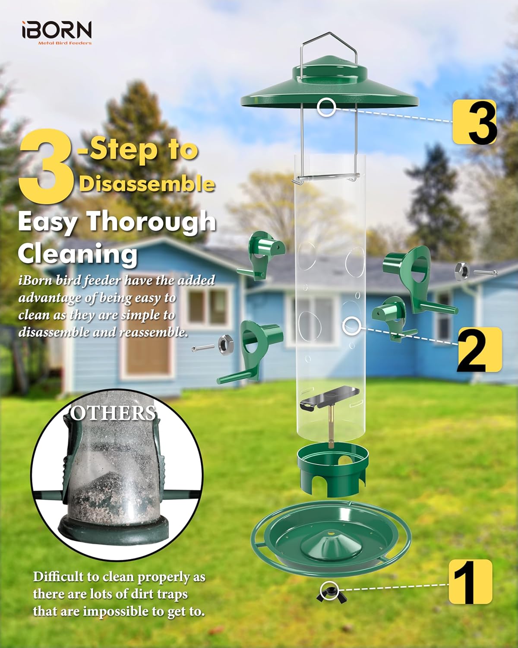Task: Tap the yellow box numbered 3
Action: pyautogui.click(x=474, y=122)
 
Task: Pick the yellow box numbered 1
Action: pyautogui.click(x=470, y=581)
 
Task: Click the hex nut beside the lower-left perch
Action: pyautogui.click(x=224, y=343)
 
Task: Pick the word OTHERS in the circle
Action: pyautogui.click(x=113, y=413)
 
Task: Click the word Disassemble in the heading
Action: pyautogui.click(x=147, y=184)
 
